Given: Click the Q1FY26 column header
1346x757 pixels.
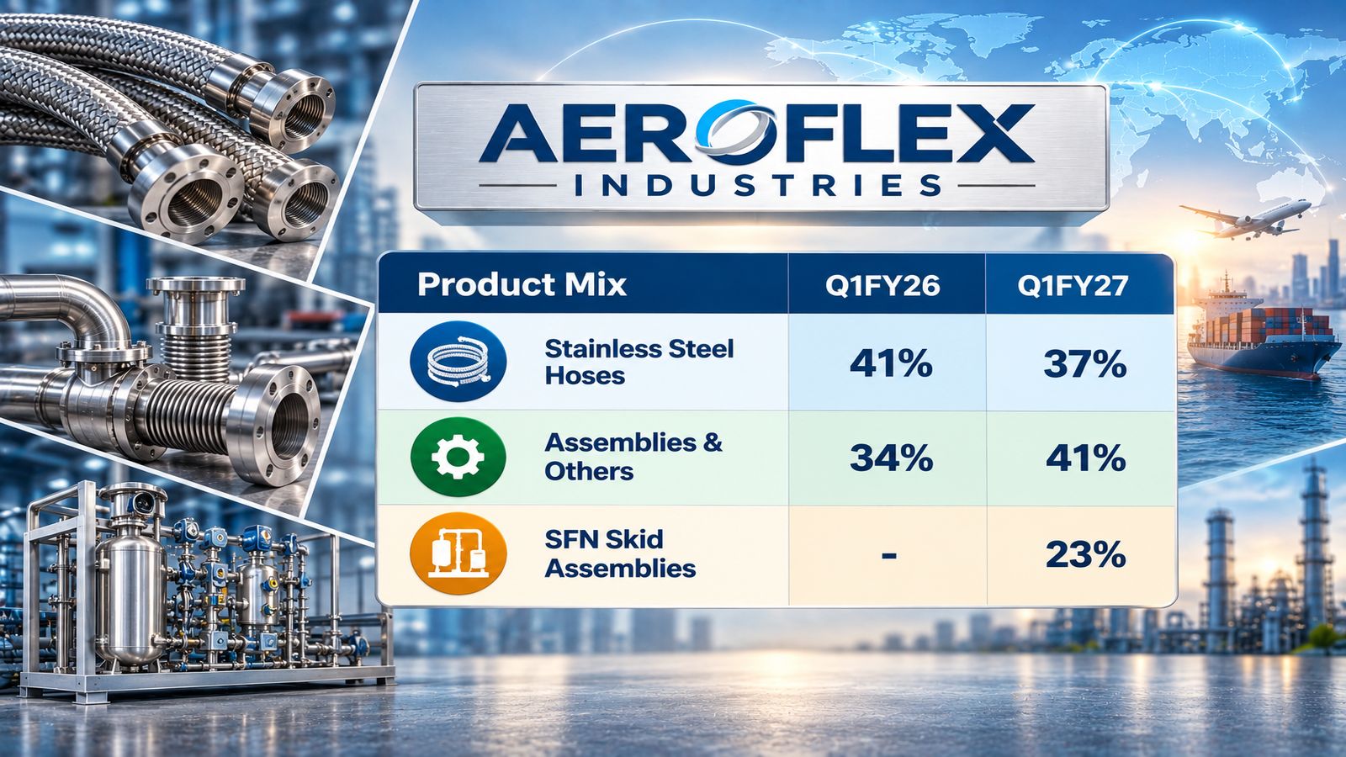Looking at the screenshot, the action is (x=882, y=286).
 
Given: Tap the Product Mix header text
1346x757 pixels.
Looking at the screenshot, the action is (x=522, y=285).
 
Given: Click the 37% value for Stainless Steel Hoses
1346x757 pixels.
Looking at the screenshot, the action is (x=1084, y=364).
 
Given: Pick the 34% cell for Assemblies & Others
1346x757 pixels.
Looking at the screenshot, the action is (x=891, y=458).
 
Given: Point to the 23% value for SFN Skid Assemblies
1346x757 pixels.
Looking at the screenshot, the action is (x=1085, y=554).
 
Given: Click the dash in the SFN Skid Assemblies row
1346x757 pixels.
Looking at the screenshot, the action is (x=889, y=555).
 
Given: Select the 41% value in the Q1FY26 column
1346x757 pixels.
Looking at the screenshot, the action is (x=891, y=364).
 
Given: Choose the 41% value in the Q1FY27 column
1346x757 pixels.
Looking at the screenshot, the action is (x=1085, y=458).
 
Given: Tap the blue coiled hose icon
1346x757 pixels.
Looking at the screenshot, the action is (x=458, y=362).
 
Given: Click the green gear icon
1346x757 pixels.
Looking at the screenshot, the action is (x=458, y=457).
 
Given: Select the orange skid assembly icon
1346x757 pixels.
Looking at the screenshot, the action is (x=458, y=553).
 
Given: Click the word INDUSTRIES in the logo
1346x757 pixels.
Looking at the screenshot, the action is (x=758, y=186).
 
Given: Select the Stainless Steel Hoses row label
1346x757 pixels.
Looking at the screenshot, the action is (x=639, y=362).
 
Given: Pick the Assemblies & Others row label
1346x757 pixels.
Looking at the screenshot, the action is (x=633, y=457).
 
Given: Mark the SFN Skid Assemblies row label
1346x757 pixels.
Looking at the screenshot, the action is (x=620, y=553).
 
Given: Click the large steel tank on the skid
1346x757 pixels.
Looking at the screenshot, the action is (x=131, y=577).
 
